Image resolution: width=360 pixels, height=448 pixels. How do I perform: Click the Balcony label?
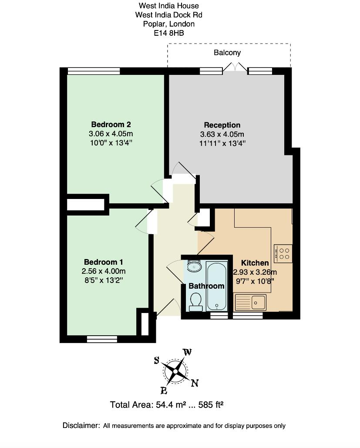point(227,53)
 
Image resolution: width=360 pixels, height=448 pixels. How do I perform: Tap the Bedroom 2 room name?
point(111,124)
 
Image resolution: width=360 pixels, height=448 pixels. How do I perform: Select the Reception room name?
point(222,125)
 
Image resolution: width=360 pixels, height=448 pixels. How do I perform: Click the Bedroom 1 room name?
point(103,262)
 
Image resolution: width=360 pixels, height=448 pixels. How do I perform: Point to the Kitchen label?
point(255,263)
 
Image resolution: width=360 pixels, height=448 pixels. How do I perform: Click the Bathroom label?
point(206,286)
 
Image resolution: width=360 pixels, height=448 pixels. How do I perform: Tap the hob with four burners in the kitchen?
point(283,253)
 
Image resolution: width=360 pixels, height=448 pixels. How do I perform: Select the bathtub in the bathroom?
point(217,286)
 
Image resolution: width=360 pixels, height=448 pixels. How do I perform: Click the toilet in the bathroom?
point(196,301)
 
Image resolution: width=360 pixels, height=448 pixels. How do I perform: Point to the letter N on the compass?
point(195,383)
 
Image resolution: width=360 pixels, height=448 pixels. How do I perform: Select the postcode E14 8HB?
point(168,32)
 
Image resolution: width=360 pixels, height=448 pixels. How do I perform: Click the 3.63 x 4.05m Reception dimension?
point(222,134)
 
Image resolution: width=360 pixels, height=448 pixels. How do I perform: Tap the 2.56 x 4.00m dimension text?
point(103,271)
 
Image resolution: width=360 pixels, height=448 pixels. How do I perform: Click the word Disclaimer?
point(81,425)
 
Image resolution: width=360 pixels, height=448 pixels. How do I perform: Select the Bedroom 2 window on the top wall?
point(94,71)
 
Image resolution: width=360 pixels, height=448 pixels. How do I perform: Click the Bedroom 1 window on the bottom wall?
point(102,339)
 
